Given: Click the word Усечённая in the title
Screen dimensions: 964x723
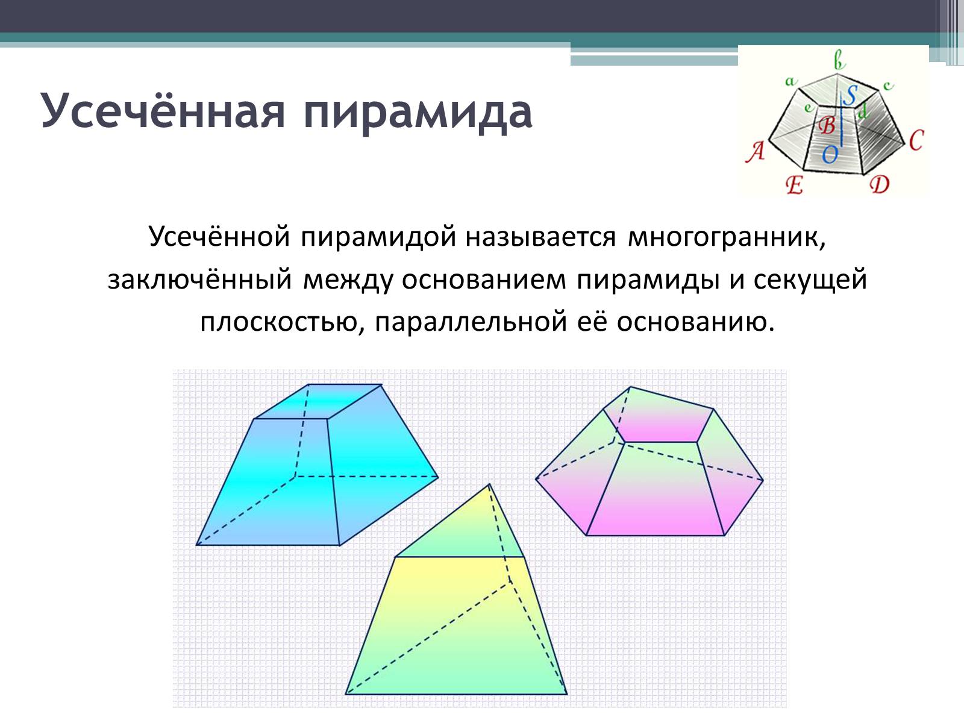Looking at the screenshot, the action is (x=163, y=111).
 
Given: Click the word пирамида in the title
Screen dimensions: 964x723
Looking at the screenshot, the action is (x=418, y=113).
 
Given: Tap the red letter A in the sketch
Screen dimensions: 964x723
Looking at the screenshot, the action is (x=756, y=152).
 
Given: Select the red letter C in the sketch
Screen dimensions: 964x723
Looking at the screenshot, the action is (x=916, y=140).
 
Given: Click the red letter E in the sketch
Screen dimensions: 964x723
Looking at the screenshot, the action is (x=795, y=185).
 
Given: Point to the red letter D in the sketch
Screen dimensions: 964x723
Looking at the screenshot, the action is (x=880, y=184).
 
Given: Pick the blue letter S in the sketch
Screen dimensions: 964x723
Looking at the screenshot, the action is (x=850, y=95).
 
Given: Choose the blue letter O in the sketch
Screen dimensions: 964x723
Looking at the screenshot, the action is (x=830, y=154).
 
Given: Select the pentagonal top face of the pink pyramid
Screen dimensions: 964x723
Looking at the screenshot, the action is (x=659, y=417).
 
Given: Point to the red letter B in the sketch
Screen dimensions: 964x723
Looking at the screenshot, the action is (x=827, y=125).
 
